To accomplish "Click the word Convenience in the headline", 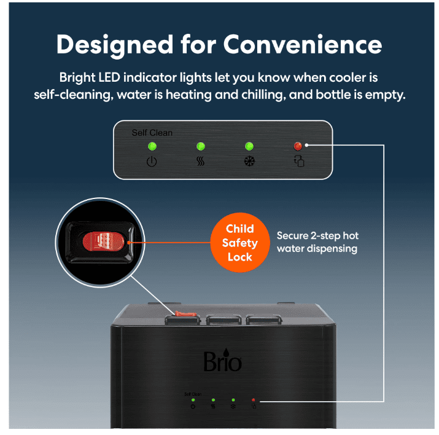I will pos(302,45).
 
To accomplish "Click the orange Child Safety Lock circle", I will pos(239,243).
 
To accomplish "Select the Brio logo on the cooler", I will pos(222,361).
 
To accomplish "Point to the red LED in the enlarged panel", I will pos(298,146).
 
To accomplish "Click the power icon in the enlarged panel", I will pos(151,163).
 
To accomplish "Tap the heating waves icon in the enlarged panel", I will pos(200,163).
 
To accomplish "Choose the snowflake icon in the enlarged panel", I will pos(249,163).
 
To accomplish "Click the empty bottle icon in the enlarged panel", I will pos(298,163).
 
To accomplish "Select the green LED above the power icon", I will pos(151,146).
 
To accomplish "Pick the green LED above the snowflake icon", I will pos(249,146).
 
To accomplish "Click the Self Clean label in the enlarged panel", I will pos(152,133).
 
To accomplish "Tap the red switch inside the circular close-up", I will pos(103,241).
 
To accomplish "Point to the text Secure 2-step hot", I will pos(317,236).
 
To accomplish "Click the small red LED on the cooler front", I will pos(253,400).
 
